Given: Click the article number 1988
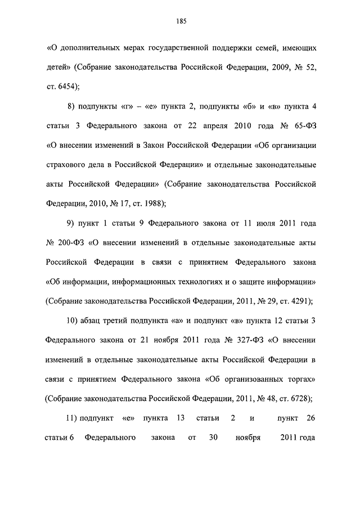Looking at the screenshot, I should click(151, 204).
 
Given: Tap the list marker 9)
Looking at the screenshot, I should click(71, 224).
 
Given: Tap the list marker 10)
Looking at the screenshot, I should click(73, 321).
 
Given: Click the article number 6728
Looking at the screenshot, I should click(297, 398).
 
